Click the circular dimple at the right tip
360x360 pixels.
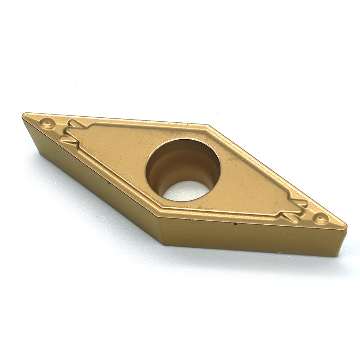pyautogui.click(x=320, y=218)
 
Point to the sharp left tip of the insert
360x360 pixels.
pyautogui.click(x=23, y=115)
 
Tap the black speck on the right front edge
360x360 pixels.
pyautogui.click(x=235, y=224)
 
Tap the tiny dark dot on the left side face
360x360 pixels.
pyautogui.click(x=56, y=153)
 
